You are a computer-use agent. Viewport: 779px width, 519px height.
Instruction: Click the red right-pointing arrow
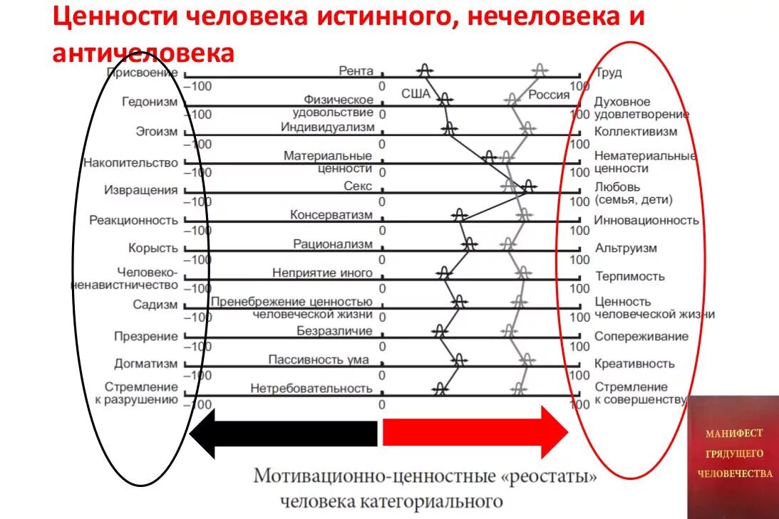[x=475, y=433]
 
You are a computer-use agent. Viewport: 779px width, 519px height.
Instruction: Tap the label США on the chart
[x=416, y=93]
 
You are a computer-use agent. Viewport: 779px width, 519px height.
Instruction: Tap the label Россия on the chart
[x=548, y=95]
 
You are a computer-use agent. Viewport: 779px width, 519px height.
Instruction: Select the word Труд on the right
[x=608, y=73]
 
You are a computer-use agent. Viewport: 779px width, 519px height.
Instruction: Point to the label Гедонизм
[x=150, y=102]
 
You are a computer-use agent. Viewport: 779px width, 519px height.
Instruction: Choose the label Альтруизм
[x=626, y=248]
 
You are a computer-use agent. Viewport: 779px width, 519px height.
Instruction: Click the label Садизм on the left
[x=155, y=305]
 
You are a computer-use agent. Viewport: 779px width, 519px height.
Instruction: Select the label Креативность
[x=634, y=364]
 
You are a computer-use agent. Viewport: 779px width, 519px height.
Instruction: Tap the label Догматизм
[x=145, y=364]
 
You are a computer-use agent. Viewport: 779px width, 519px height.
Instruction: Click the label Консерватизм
[x=331, y=215]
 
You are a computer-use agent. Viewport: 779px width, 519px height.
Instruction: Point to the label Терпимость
[x=629, y=276]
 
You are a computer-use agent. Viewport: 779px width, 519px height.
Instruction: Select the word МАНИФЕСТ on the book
[x=734, y=433]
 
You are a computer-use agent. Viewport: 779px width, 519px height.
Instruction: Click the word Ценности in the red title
[x=115, y=17]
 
